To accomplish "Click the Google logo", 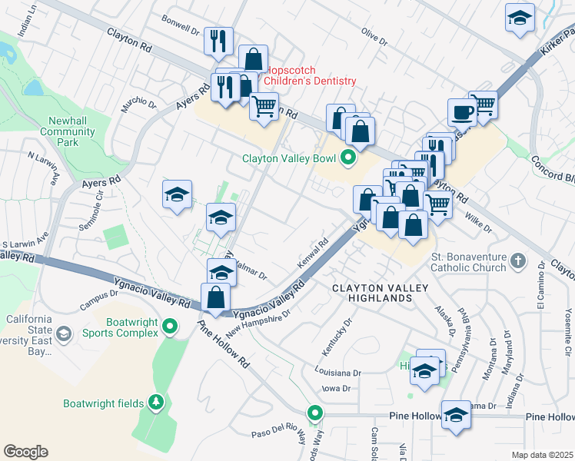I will click(25, 452).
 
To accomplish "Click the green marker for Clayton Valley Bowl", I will click(347, 159).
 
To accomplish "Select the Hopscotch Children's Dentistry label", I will click(311, 81).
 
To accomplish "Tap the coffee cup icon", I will click(462, 112).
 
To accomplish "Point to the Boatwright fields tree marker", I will click(156, 402).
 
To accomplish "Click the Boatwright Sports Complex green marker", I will click(170, 328).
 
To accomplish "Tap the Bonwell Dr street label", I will click(181, 19).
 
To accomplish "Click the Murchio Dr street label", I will click(139, 104).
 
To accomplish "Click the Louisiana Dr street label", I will click(337, 373).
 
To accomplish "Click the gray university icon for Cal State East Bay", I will click(63, 333).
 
